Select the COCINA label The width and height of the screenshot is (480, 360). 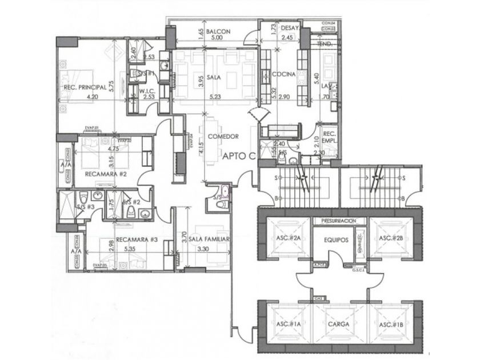pyautogui.click(x=283, y=75)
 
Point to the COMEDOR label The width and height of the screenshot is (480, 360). pyautogui.click(x=223, y=136)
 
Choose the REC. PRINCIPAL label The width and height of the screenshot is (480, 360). pyautogui.click(x=85, y=87)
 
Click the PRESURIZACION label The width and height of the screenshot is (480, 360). pyautogui.click(x=339, y=220)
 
